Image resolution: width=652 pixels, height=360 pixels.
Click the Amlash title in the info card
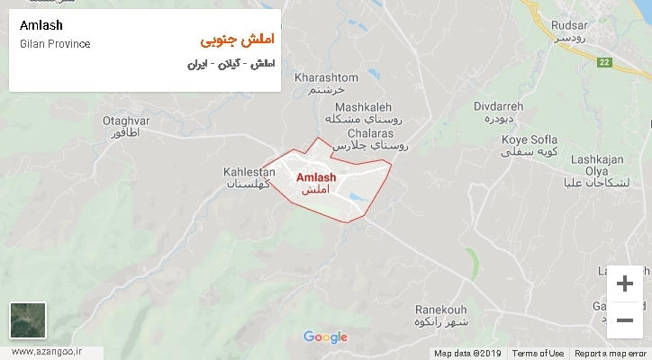(41, 25)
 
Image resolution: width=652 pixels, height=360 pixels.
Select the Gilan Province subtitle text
(54, 44)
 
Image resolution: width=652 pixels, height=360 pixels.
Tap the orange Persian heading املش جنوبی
(235, 41)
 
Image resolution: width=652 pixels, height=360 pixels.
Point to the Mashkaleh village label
(358, 106)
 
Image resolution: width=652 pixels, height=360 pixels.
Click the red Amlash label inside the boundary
(317, 177)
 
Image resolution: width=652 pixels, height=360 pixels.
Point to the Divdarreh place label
(498, 106)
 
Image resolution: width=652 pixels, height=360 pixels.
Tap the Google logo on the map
(325, 337)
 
